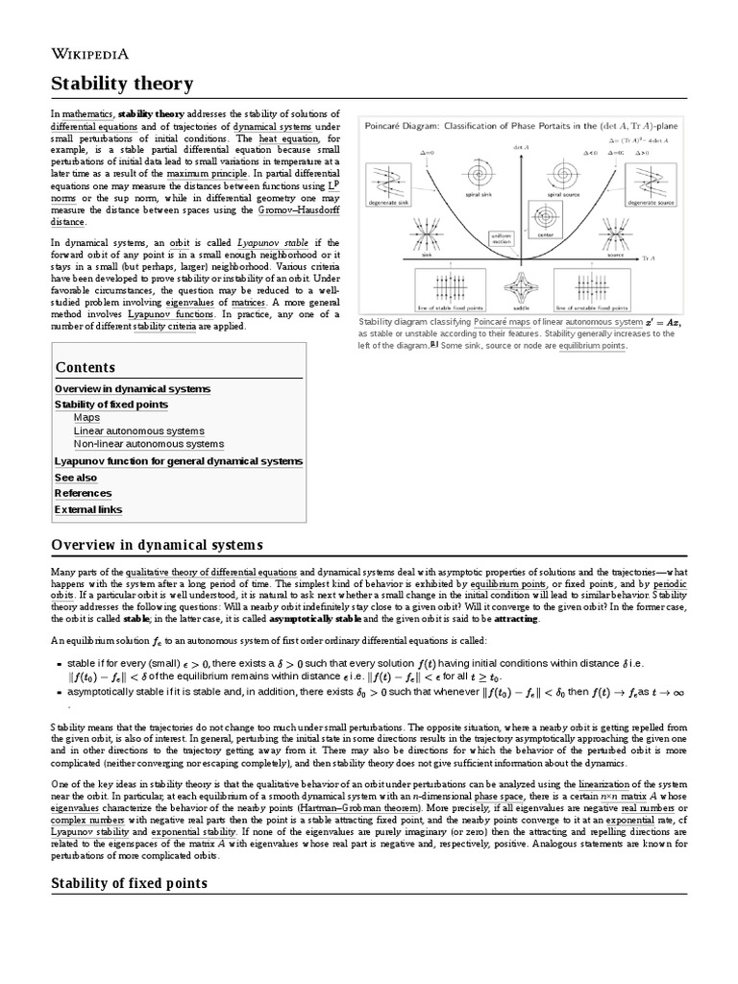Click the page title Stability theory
point(122,85)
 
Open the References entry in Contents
point(83,493)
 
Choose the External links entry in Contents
point(88,509)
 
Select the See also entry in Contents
point(76,477)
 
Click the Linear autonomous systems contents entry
point(138,431)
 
